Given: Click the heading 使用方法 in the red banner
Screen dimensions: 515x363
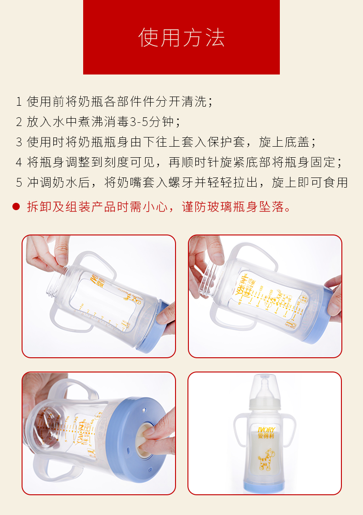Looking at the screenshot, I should [x=181, y=38].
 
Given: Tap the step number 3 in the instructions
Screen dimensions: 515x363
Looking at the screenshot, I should [x=19, y=142].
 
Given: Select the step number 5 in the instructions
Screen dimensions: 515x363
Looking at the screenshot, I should [x=19, y=183].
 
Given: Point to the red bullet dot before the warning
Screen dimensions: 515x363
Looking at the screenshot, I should [x=17, y=206].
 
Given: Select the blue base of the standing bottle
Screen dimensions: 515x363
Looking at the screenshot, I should [x=265, y=483].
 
